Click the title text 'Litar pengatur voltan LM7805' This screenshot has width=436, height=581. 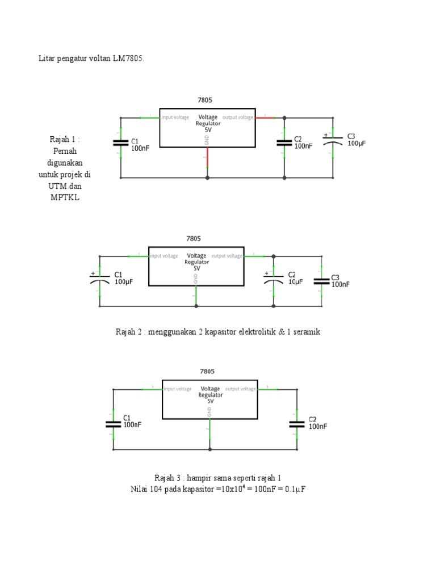[x=91, y=59]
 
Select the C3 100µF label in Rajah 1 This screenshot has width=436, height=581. [x=357, y=140]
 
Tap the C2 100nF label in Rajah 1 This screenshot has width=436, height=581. [x=303, y=142]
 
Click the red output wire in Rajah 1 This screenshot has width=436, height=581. [x=265, y=118]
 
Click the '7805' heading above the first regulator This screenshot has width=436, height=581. [x=205, y=100]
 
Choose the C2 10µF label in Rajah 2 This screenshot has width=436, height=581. [x=296, y=278]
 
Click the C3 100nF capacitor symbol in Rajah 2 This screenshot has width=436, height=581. [x=322, y=280]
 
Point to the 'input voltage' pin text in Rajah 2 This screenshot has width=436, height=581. [x=163, y=256]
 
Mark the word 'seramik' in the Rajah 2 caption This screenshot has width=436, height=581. [x=307, y=331]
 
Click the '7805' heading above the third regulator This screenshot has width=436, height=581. [x=207, y=372]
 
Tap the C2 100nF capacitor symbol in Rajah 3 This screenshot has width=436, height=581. [x=296, y=423]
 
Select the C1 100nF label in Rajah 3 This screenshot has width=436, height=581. [x=132, y=421]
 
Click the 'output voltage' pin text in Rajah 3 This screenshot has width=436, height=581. [x=240, y=389]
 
